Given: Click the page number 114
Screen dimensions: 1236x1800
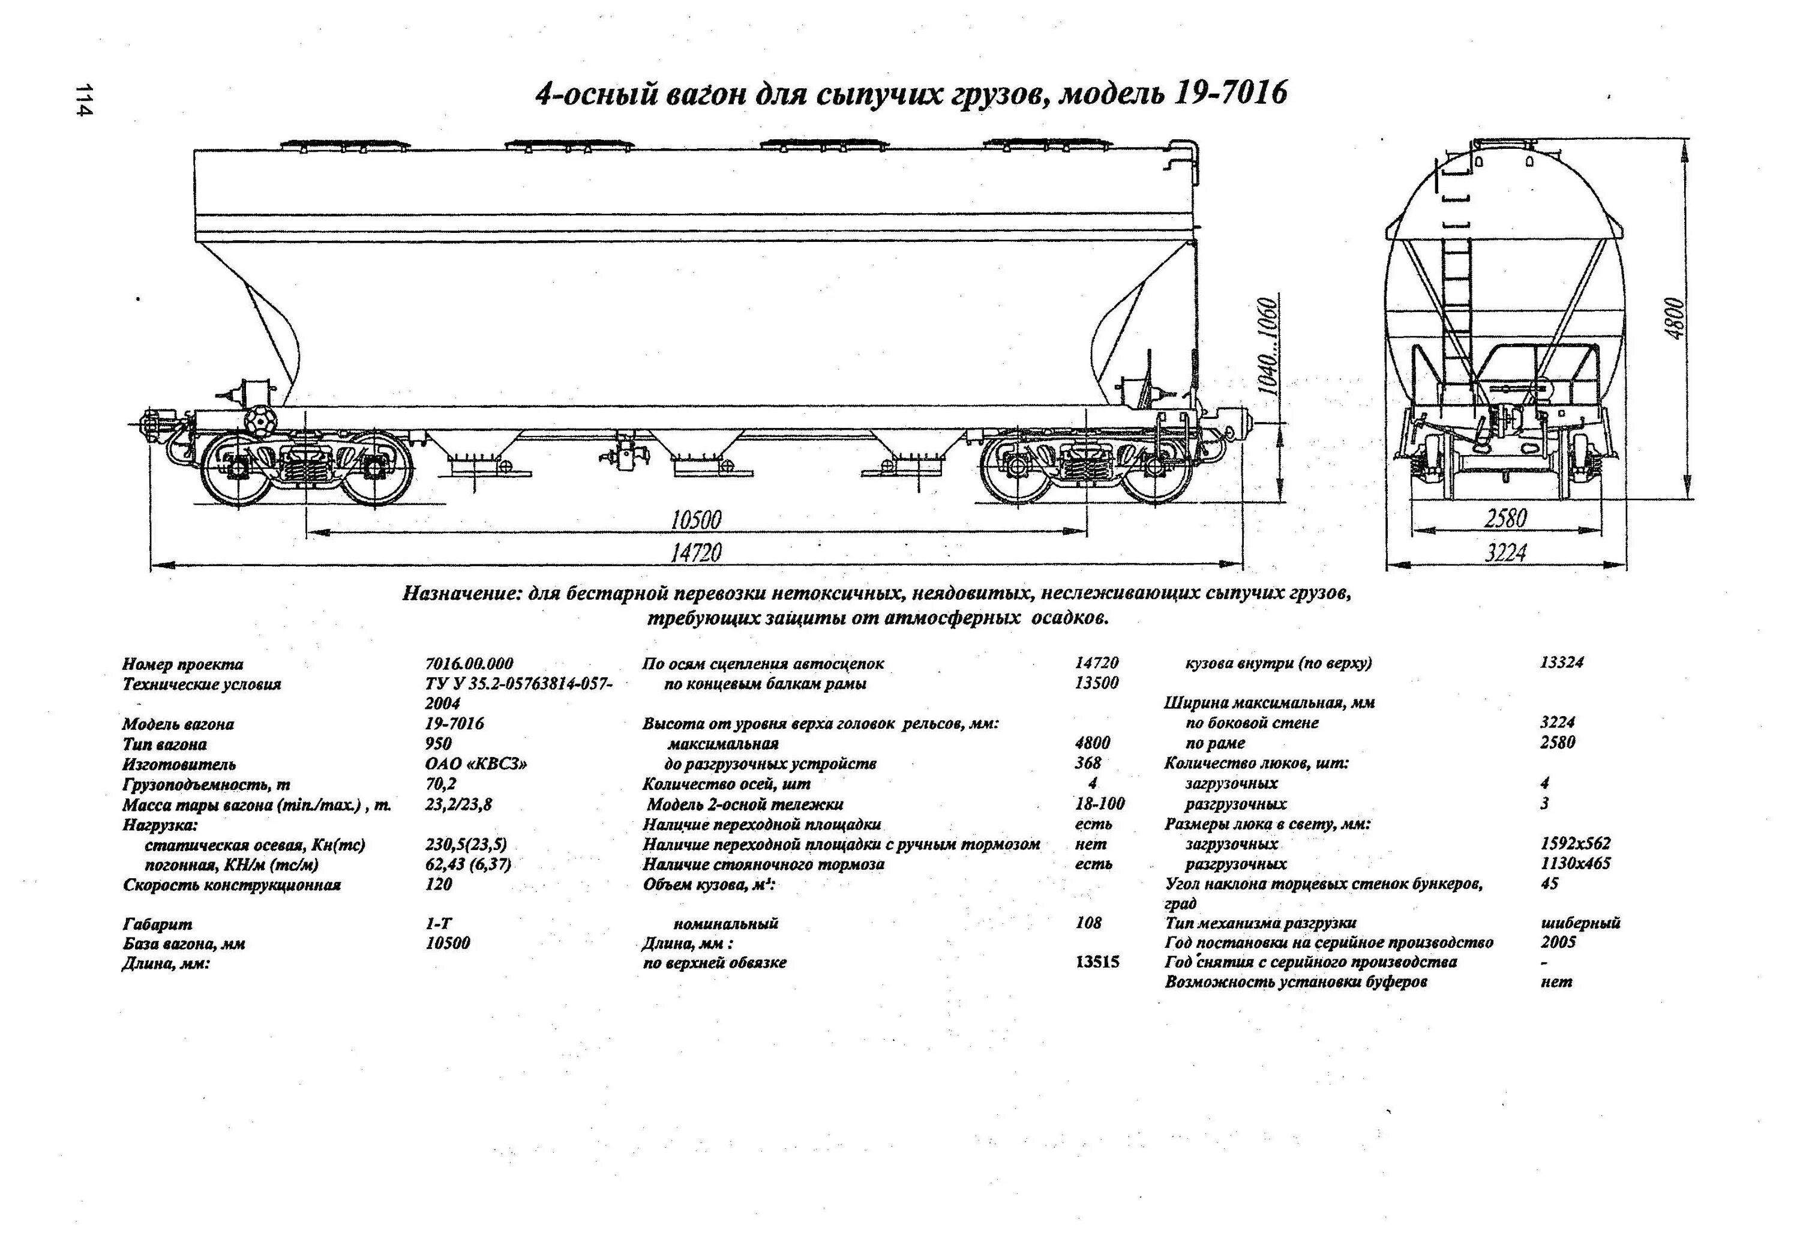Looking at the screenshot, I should point(83,99).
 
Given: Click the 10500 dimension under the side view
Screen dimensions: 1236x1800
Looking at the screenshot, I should point(695,519).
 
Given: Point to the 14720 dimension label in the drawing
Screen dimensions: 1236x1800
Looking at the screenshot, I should point(695,552).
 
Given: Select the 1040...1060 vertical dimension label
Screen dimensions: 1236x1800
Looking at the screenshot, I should point(1268,346).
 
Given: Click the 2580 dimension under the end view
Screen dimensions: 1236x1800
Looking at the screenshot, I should point(1505,517).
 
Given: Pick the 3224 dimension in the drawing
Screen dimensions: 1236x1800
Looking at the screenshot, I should point(1505,552).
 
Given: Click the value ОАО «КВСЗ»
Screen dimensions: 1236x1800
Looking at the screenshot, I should point(476,764).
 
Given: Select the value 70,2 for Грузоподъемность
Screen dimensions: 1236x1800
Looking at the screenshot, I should point(441,783).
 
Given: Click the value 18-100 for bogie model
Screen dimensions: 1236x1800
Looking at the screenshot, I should point(1099,804).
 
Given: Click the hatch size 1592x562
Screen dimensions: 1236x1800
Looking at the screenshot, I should point(1576,843).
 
